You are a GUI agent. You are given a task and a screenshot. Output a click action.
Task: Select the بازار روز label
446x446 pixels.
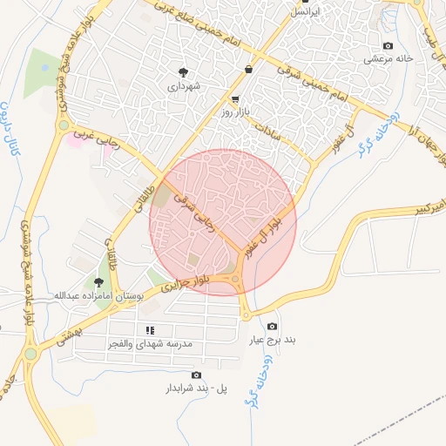[x=236, y=113]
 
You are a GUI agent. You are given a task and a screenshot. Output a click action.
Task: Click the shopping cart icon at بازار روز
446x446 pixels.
[x=236, y=99]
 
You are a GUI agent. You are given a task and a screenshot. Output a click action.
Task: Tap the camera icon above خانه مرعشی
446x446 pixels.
[x=388, y=45]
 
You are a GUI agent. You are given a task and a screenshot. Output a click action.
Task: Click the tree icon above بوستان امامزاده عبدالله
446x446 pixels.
[x=98, y=282]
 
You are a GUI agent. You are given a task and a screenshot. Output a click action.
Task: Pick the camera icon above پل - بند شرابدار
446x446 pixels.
[x=196, y=375]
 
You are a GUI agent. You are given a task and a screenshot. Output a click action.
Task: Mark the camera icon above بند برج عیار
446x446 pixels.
[x=273, y=326]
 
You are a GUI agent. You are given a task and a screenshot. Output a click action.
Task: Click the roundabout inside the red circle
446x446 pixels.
[x=236, y=279]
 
